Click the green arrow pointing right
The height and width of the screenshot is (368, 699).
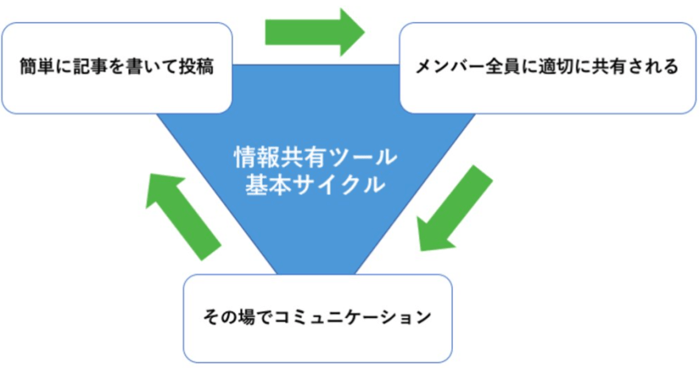[x=314, y=32]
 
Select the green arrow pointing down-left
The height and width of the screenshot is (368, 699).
[x=454, y=208]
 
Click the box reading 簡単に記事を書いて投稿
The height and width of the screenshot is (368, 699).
[x=117, y=67]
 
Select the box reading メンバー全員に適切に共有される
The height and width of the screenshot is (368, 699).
[x=547, y=67]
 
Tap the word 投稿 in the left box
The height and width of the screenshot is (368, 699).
[x=197, y=68]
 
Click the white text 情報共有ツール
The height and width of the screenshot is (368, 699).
[x=315, y=157]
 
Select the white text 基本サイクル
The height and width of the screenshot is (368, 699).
[x=315, y=185]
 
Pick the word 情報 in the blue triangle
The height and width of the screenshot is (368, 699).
[x=253, y=157]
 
